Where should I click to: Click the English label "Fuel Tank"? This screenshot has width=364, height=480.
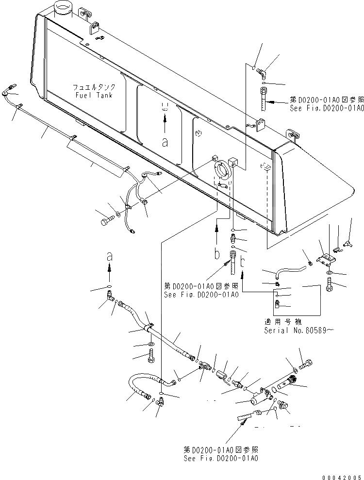click(x=94, y=95)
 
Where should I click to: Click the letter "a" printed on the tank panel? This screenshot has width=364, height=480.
click(x=165, y=142)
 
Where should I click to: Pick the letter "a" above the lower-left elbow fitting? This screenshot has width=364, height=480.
click(x=110, y=255)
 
